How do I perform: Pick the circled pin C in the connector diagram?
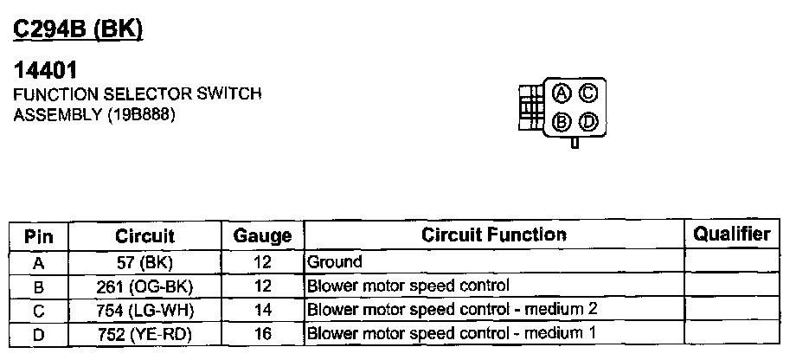pyautogui.click(x=588, y=92)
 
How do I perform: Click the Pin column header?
pyautogui.click(x=39, y=235)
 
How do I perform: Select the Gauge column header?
pyautogui.click(x=263, y=235)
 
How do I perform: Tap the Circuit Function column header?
pyautogui.click(x=494, y=235)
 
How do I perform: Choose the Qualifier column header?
pyautogui.click(x=732, y=235)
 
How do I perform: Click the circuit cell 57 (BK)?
pyautogui.click(x=144, y=261)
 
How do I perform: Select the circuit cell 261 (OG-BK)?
pyautogui.click(x=144, y=285)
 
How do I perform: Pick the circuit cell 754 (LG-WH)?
pyautogui.click(x=144, y=309)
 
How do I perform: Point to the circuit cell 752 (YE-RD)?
pyautogui.click(x=144, y=332)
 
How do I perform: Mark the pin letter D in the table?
pyautogui.click(x=39, y=332)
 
